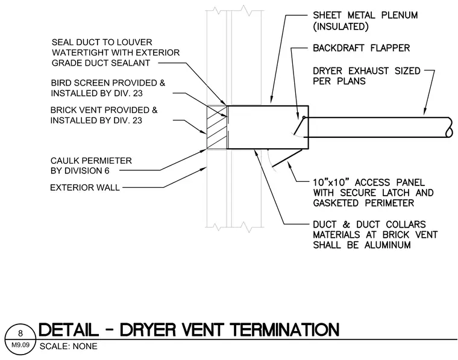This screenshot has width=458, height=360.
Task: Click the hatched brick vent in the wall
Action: click(217, 127)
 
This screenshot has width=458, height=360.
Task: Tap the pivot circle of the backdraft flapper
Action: click(304, 117)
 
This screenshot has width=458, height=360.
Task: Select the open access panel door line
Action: click(287, 158)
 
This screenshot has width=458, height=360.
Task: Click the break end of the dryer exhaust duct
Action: click(449, 127)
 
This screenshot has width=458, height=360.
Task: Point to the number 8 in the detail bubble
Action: click(20, 333)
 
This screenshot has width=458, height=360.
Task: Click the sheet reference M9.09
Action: click(20, 345)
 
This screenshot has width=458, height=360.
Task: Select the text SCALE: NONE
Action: click(68, 346)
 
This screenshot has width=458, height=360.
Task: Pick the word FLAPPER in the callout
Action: click(390, 48)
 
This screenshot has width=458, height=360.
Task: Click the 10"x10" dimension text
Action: click(331, 182)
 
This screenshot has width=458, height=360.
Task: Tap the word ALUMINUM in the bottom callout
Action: click(387, 245)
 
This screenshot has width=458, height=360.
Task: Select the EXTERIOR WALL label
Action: click(85, 188)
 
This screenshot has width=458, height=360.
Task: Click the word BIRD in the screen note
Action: click(61, 83)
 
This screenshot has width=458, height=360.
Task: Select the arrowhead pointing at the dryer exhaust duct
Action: click(425, 112)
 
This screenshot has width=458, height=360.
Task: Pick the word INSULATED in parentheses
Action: click(340, 26)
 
